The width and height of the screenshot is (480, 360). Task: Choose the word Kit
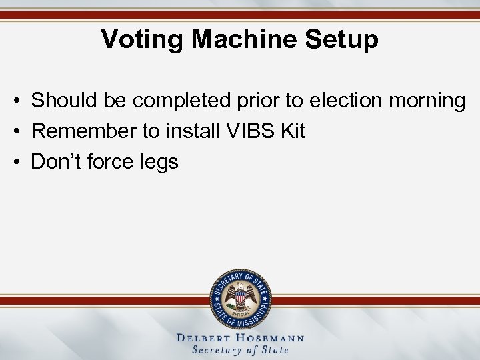point(293,131)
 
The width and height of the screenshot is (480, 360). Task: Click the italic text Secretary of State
point(240,350)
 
